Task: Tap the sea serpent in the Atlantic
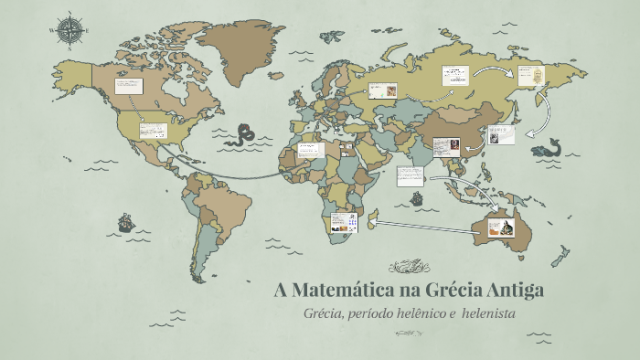click(244, 135)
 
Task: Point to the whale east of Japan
click(551, 145)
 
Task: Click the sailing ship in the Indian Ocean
click(417, 197)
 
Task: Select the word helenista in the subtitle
click(490, 313)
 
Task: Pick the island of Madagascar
click(372, 219)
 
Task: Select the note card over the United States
click(153, 131)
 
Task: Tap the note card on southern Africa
click(343, 222)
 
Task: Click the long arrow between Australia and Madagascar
click(425, 226)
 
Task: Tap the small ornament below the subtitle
click(410, 334)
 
